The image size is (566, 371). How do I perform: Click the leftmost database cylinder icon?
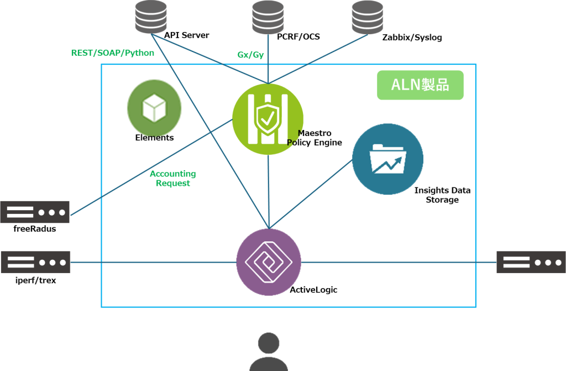[x=151, y=16]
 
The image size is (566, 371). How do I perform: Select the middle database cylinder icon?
[x=268, y=16]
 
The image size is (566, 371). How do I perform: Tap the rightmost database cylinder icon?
[x=368, y=16]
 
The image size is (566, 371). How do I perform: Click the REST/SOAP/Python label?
[x=113, y=53]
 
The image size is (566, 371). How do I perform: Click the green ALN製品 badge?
[x=420, y=85]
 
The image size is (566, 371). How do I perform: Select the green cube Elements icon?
[x=154, y=107]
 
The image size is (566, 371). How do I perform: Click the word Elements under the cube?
[x=154, y=138]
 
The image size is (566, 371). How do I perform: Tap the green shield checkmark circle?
[x=268, y=119]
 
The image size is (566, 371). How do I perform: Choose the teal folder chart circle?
[x=387, y=159]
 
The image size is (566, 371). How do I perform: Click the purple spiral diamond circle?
[x=269, y=262]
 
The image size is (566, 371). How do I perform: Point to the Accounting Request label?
[x=172, y=178]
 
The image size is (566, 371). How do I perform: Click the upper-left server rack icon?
[x=35, y=212]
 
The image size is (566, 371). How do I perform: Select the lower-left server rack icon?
[x=35, y=262]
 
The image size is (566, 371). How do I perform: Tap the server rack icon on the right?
[x=531, y=262]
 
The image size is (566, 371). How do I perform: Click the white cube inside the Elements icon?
[x=154, y=107]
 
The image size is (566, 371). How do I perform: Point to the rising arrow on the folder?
[x=389, y=165]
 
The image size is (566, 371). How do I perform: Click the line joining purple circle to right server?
[x=398, y=262]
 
